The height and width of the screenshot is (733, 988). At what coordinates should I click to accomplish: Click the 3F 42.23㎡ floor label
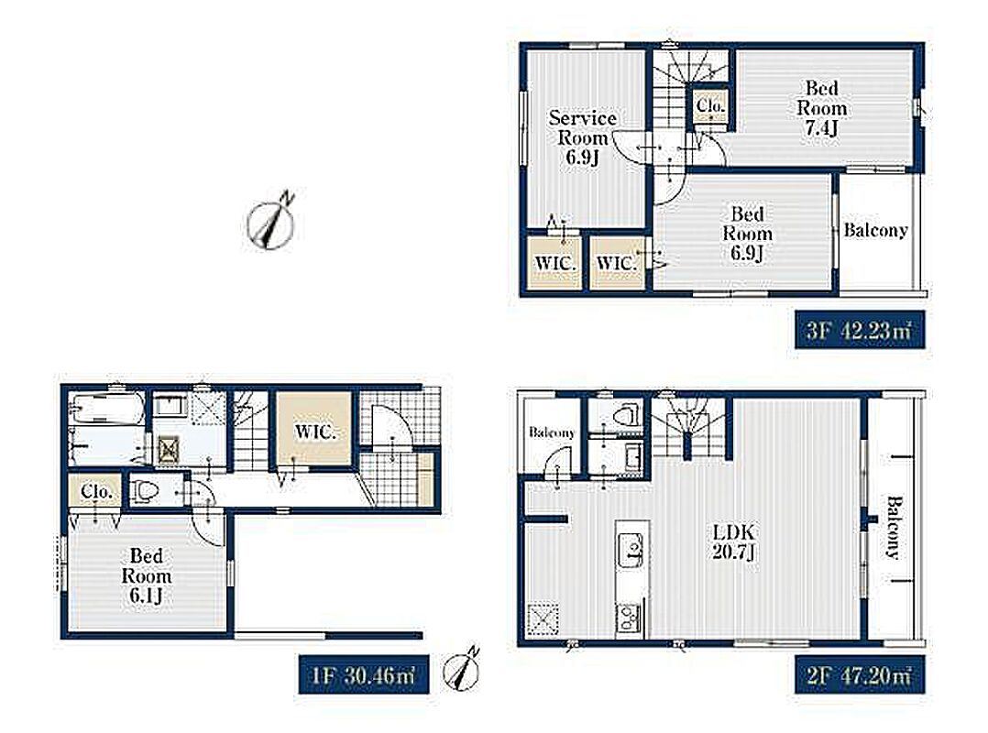(x=859, y=329)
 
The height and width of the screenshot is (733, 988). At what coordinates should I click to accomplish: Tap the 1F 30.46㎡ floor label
(x=364, y=675)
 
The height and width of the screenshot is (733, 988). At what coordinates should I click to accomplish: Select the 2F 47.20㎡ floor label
(x=859, y=675)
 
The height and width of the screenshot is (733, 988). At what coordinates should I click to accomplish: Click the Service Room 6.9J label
(x=582, y=137)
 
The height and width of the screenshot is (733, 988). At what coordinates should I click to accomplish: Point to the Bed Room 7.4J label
(x=821, y=108)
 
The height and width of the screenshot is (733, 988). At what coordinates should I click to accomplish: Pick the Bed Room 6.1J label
(x=147, y=575)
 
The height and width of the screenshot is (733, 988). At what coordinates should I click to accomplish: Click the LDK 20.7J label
(x=733, y=542)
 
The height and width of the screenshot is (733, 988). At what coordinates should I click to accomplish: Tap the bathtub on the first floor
(x=106, y=409)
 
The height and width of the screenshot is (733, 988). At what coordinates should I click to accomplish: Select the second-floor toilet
(x=624, y=415)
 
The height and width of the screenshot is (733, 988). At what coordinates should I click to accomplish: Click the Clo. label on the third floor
(x=711, y=105)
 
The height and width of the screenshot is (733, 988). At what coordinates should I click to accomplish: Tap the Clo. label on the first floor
(x=96, y=490)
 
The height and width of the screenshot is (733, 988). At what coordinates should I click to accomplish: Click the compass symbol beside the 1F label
(x=463, y=668)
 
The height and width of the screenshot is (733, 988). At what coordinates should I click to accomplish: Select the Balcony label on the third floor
(x=876, y=231)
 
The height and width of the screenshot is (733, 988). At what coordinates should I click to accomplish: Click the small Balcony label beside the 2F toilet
(x=552, y=432)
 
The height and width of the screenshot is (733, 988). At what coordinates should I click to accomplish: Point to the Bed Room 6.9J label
(x=747, y=234)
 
